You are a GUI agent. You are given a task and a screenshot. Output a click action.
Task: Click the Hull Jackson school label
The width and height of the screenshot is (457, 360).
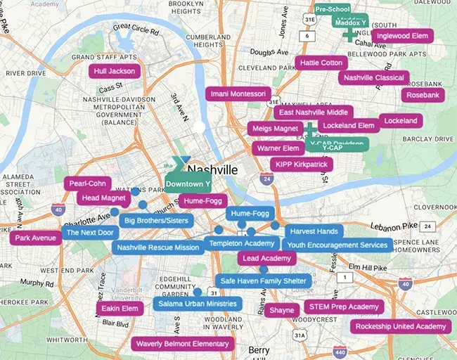click(x=114, y=71)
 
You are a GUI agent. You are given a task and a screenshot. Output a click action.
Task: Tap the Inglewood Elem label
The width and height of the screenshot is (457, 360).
click(x=402, y=36)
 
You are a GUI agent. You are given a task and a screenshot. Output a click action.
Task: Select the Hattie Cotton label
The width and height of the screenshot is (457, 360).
click(x=321, y=63)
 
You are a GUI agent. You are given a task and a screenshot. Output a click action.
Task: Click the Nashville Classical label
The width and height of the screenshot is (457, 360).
click(x=373, y=77)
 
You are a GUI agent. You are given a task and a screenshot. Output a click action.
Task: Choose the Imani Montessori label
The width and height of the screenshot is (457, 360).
click(x=238, y=94)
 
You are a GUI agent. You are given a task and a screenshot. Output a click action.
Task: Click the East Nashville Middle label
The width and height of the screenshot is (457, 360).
click(x=313, y=112)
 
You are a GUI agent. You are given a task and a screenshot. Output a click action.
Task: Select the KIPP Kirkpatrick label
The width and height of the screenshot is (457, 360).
click(x=301, y=164)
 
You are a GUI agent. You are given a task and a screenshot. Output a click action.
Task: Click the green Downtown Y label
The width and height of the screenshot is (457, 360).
click(x=188, y=184)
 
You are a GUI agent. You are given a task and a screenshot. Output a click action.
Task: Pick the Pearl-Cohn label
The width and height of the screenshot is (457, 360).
click(x=87, y=184)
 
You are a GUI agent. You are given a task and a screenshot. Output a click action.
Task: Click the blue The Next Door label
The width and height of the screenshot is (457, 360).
click(x=89, y=232)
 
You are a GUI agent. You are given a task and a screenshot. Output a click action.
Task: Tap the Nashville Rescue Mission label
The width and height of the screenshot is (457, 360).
click(x=158, y=247)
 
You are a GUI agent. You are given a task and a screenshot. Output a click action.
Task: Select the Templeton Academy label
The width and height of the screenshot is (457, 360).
click(x=240, y=243)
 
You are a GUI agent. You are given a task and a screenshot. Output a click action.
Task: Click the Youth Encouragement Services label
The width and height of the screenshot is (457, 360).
click(x=337, y=245)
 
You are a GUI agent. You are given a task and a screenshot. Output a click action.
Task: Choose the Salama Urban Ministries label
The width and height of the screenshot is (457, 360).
click(x=197, y=304)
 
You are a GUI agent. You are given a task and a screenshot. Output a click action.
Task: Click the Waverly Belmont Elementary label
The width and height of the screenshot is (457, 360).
click(x=182, y=344)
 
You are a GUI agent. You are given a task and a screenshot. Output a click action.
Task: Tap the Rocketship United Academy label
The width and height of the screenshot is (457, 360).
click(x=400, y=326)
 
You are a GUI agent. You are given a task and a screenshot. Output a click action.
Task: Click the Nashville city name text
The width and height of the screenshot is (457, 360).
click(x=212, y=169)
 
